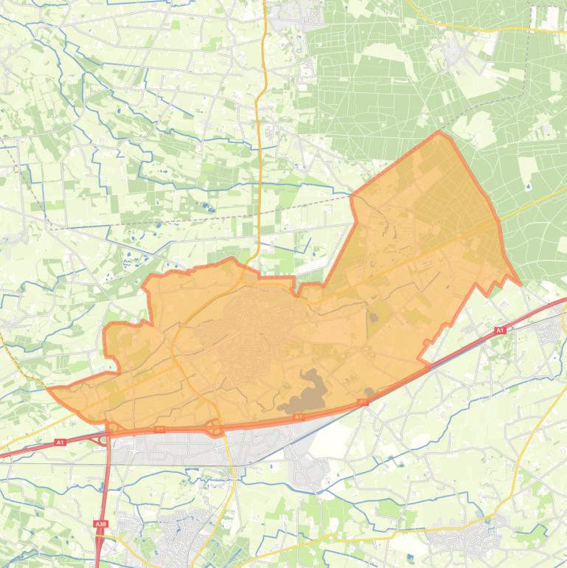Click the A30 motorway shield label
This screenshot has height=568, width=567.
tap(100, 524)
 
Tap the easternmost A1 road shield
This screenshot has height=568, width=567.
tap(499, 330)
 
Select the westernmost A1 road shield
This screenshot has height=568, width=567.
tap(60, 443)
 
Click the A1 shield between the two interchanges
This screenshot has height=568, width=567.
tap(159, 429)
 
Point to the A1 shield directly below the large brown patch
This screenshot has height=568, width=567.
tap(299, 418)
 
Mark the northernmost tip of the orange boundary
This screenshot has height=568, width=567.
tap(439, 133)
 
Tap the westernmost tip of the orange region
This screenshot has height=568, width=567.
tap(49, 388)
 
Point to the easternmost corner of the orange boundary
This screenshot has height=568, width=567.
tap(520, 284)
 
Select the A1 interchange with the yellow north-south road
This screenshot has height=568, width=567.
tap(215, 427)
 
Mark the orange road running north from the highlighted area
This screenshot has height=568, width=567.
tap(260, 148)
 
